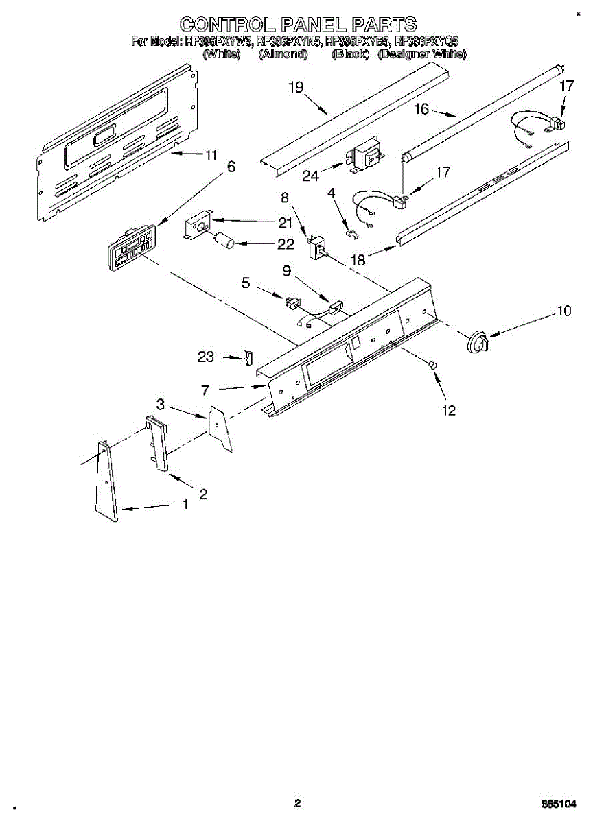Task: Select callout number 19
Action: pyautogui.click(x=296, y=87)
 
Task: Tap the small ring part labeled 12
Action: pyautogui.click(x=433, y=366)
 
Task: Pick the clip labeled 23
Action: pyautogui.click(x=248, y=358)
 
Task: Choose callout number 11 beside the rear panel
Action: pyautogui.click(x=211, y=155)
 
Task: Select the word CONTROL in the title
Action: pyautogui.click(x=223, y=25)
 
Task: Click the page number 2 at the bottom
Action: pyautogui.click(x=297, y=803)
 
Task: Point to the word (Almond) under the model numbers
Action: pyautogui.click(x=281, y=54)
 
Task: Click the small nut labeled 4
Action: pyautogui.click(x=352, y=236)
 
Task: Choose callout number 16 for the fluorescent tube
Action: pyautogui.click(x=421, y=108)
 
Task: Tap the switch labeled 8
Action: pyautogui.click(x=318, y=246)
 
